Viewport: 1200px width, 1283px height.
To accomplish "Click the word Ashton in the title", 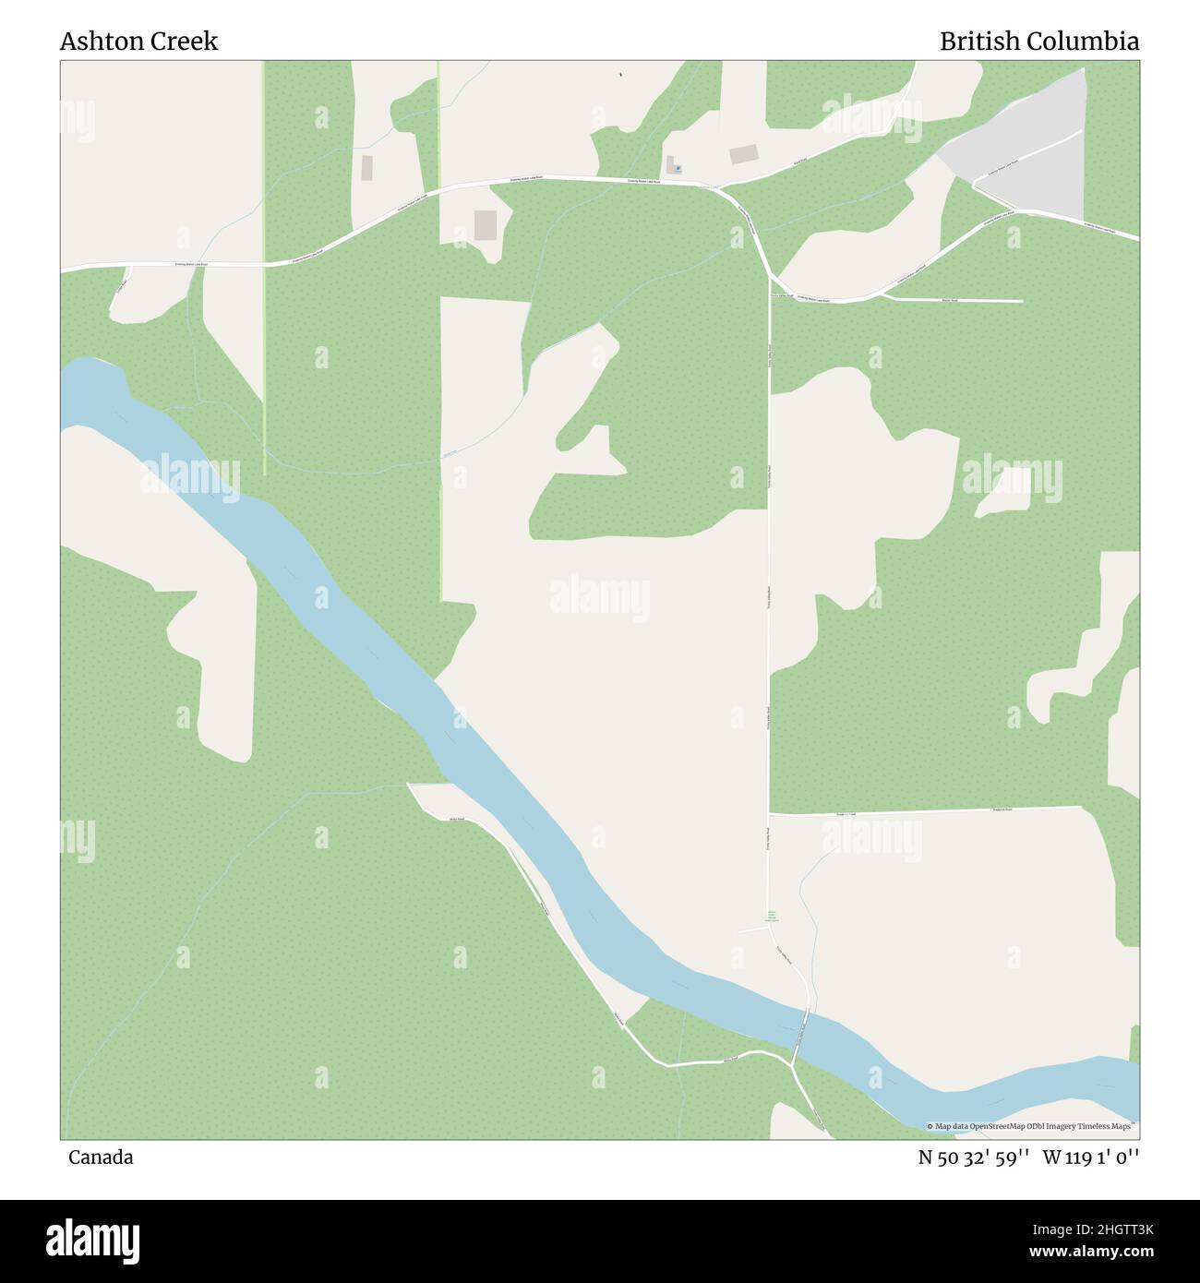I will (95, 42).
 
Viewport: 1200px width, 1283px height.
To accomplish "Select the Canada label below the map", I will (100, 1157).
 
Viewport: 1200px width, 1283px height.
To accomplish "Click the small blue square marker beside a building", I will (677, 168).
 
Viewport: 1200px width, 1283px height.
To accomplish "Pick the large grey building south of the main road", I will (485, 225).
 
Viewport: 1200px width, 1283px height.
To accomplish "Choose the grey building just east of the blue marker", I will (743, 154).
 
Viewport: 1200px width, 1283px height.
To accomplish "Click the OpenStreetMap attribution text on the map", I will (1032, 1126).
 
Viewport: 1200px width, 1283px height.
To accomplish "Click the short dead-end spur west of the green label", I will (752, 930).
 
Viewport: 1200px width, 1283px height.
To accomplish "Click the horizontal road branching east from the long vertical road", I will (923, 811).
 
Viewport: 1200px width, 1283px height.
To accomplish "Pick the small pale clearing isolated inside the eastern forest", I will (1006, 491).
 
